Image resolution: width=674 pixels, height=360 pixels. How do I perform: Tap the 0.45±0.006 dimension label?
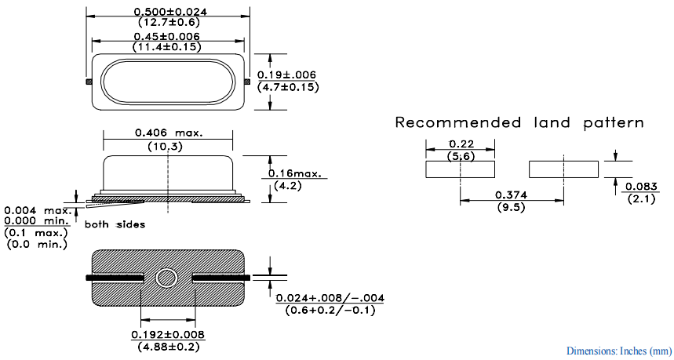click(x=166, y=36)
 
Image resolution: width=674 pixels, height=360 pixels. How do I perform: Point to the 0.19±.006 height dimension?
click(x=287, y=75)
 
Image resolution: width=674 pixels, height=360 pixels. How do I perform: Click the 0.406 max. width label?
click(x=169, y=133)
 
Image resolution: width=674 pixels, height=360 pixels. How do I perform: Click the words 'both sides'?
click(x=115, y=224)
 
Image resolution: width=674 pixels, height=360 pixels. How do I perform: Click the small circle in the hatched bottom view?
click(x=166, y=278)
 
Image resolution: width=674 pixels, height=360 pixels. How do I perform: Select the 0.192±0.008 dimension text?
click(x=168, y=335)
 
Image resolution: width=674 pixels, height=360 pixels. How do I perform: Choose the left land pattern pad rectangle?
click(x=461, y=169)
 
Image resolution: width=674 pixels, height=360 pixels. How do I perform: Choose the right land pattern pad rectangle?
click(x=564, y=169)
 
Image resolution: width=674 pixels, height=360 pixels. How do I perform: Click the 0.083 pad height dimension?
click(x=639, y=187)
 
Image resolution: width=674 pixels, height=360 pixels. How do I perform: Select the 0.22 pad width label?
click(x=459, y=144)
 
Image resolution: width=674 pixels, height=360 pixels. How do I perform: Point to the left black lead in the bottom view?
click(x=114, y=278)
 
